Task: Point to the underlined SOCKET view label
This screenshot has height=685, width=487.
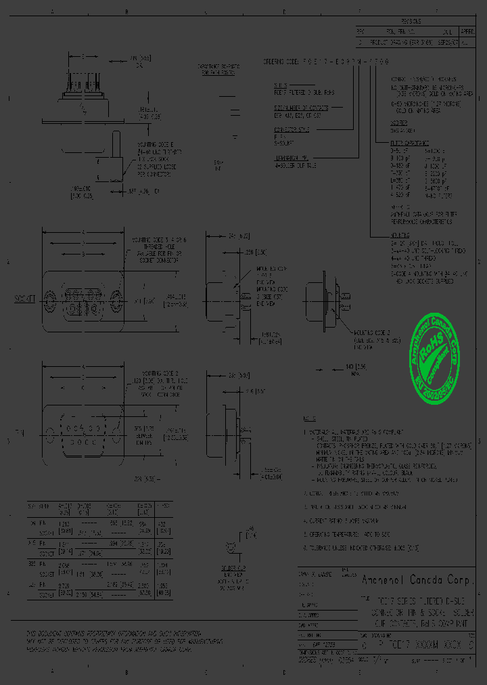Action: pos(25,297)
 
